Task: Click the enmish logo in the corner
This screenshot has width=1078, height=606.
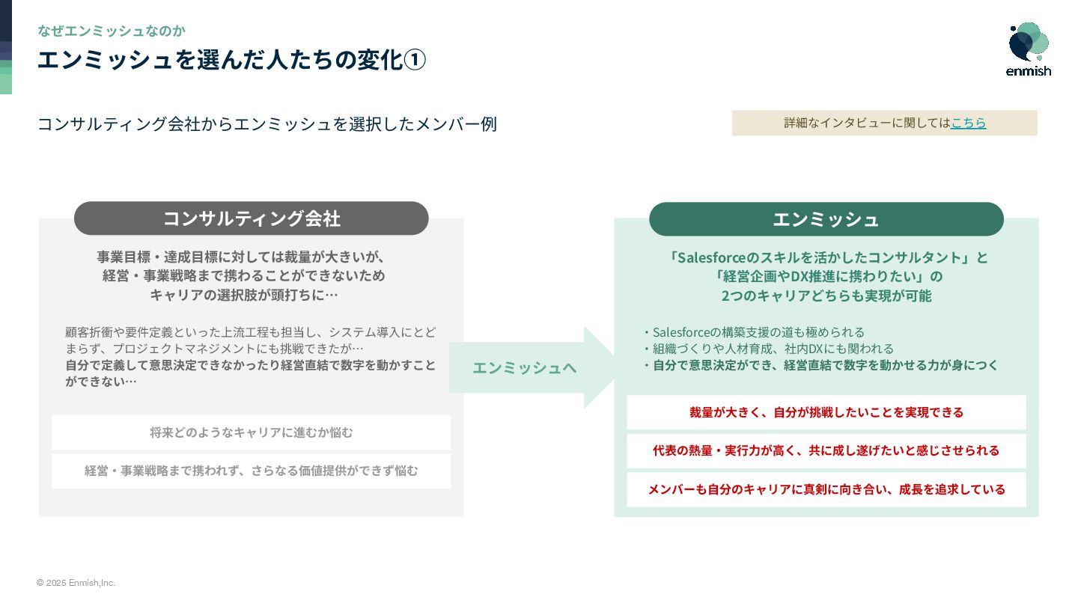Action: tap(1029, 49)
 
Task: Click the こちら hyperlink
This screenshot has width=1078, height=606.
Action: tap(968, 123)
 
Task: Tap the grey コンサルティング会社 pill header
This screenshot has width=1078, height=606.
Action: tap(252, 218)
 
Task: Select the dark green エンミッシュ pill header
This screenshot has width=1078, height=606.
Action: tap(826, 219)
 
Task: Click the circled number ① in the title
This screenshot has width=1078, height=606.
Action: tap(415, 60)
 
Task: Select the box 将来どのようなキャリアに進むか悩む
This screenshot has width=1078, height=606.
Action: tap(252, 432)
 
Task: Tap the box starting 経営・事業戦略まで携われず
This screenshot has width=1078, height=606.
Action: tap(252, 471)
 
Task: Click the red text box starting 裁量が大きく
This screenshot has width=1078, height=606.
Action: tap(826, 412)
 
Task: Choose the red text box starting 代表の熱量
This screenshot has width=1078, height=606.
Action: tap(826, 450)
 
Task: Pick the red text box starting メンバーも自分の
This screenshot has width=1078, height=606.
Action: tap(826, 489)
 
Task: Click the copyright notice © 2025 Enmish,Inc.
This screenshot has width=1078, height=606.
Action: tap(76, 583)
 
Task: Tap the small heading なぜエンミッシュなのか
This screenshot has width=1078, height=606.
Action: tap(112, 31)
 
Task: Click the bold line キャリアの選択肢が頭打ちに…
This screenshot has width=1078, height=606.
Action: tap(244, 295)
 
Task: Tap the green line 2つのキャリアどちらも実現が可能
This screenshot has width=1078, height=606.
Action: tap(826, 296)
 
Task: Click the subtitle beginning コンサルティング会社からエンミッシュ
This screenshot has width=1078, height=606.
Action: tap(267, 124)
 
